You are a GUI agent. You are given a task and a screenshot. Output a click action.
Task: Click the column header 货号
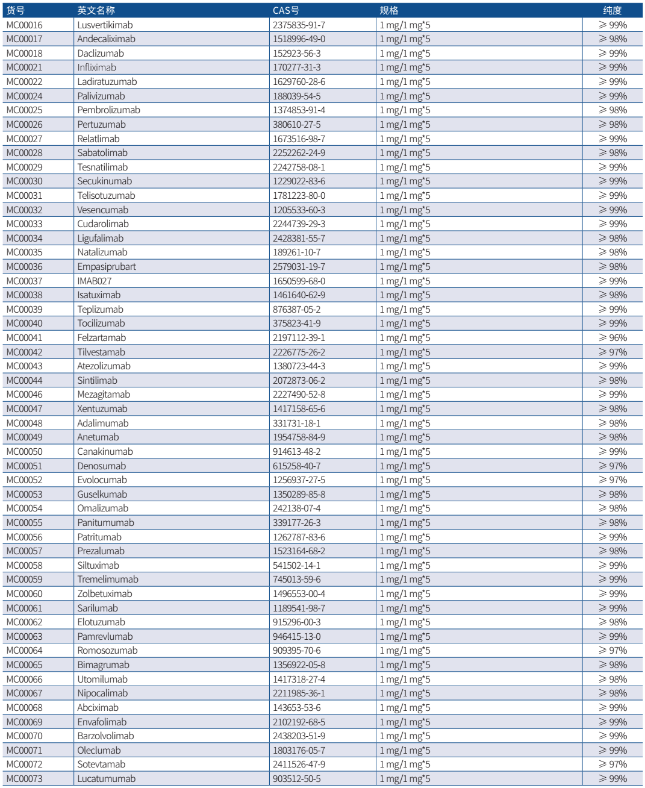coord(16,10)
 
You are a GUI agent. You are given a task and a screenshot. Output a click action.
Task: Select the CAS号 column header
coord(285,10)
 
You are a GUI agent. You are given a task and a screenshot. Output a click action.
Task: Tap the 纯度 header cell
coord(612,10)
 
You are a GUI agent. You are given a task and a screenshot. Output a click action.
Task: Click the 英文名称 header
coord(96,10)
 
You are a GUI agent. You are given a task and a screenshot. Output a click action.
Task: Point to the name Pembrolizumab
coord(108,110)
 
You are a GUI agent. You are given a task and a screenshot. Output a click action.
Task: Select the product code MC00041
coord(25,338)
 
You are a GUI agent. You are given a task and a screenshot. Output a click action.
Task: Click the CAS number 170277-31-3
coord(296,67)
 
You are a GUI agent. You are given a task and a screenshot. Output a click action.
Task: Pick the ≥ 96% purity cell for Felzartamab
coord(612,338)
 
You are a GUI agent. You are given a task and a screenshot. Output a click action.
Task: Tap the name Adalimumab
coord(102,424)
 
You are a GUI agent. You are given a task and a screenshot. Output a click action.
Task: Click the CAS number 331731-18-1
coord(296,424)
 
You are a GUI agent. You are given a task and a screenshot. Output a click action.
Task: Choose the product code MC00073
coord(25,779)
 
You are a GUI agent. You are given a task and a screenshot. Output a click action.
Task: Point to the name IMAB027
coord(94,281)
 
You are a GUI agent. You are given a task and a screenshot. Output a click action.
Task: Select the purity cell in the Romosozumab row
coord(612,651)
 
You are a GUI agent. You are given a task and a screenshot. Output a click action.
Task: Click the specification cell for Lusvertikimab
coord(405,25)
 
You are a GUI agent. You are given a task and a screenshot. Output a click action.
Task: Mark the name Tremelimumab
coord(107,580)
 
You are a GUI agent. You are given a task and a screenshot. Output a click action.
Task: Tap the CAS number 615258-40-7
coord(296,466)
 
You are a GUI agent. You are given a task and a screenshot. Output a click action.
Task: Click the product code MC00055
coord(25,523)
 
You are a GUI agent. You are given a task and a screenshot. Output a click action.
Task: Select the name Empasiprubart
coord(106,267)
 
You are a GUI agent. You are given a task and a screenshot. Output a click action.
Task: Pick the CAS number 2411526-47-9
coord(299,765)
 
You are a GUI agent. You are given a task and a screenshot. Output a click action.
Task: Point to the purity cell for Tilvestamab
coord(612,352)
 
